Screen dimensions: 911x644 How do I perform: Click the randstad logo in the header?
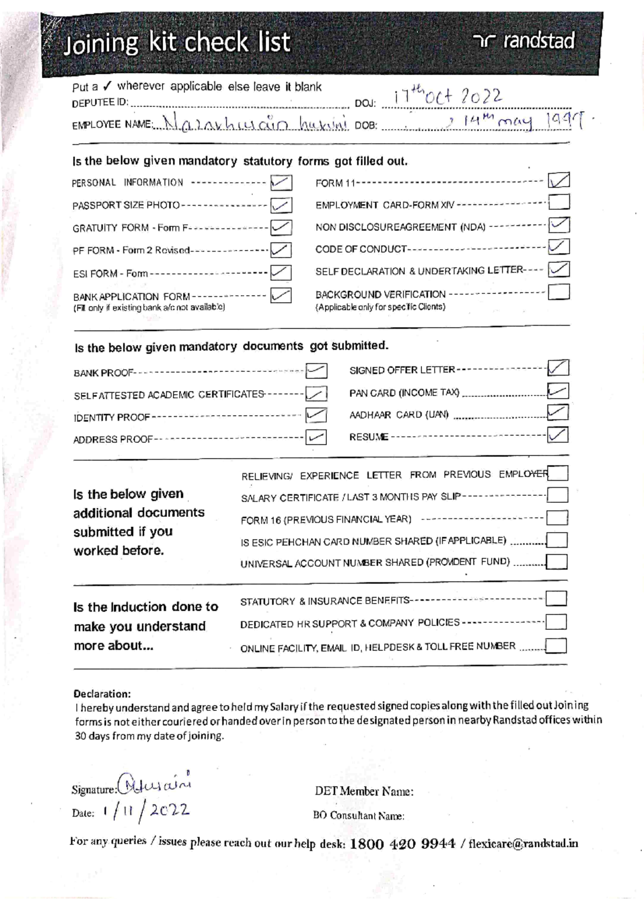click(x=524, y=41)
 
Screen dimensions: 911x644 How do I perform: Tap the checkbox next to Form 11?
click(x=559, y=180)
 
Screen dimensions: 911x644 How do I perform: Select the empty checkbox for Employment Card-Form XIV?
click(x=559, y=202)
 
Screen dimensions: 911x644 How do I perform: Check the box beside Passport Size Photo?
click(x=281, y=205)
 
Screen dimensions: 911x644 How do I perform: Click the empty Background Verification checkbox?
click(x=559, y=292)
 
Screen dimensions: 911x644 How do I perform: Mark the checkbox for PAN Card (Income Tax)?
click(x=558, y=391)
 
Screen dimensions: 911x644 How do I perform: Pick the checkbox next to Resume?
click(x=558, y=435)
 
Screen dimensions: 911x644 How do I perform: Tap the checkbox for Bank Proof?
click(x=316, y=371)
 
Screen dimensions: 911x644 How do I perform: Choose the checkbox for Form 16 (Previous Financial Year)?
click(x=557, y=518)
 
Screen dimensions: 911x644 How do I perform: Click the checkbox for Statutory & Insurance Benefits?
click(x=556, y=599)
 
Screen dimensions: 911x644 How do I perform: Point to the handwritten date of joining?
click(x=449, y=97)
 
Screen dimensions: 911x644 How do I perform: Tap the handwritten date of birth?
click(x=516, y=123)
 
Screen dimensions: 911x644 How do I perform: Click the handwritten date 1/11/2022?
click(x=146, y=811)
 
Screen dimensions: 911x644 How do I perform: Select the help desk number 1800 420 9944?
click(x=402, y=844)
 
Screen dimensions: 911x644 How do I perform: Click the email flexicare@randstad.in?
click(x=523, y=844)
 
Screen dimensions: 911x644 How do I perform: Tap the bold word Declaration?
click(x=102, y=694)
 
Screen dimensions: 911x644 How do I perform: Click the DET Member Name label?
click(x=364, y=791)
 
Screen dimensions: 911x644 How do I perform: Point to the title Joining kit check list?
click(x=177, y=43)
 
